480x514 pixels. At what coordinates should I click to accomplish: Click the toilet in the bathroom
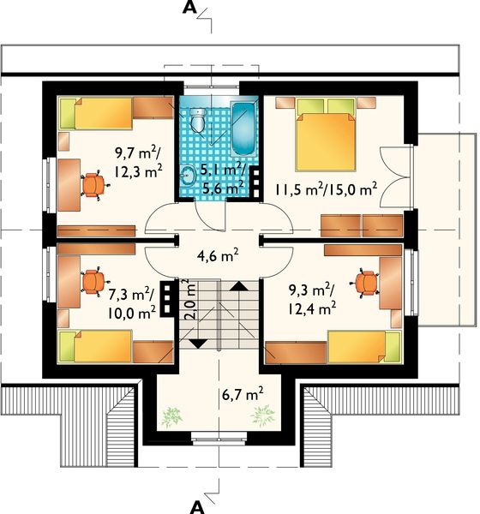click(198, 120)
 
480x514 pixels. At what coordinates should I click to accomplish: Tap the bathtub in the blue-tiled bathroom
click(243, 129)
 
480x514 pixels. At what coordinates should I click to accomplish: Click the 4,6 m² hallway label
click(218, 255)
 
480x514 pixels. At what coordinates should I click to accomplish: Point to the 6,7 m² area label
click(243, 393)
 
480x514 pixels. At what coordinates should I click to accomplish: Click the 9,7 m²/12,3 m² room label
click(138, 162)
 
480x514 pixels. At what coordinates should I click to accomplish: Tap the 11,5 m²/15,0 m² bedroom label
click(326, 189)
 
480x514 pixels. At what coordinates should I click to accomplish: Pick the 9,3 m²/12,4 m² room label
click(312, 299)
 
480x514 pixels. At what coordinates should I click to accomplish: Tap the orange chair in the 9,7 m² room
click(93, 185)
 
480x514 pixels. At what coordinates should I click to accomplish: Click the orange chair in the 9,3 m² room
click(366, 283)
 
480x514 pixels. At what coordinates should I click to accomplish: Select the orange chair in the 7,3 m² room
click(93, 282)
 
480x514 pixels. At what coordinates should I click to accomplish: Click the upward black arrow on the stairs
click(239, 286)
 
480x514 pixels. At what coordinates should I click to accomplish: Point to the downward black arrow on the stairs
click(198, 344)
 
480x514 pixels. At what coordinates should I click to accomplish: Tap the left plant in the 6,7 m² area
click(171, 416)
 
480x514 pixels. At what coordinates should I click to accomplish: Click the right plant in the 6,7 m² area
click(262, 415)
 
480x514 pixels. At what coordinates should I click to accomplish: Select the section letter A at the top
click(189, 8)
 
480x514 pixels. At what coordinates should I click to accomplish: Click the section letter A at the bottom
click(197, 507)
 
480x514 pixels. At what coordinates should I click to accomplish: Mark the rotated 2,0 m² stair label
click(190, 299)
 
